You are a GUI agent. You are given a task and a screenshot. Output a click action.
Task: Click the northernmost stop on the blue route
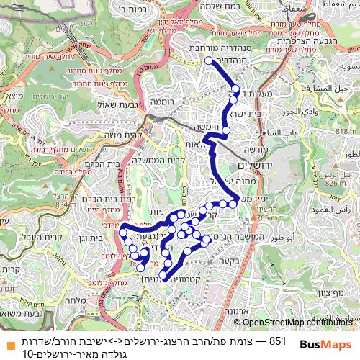[210, 61]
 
